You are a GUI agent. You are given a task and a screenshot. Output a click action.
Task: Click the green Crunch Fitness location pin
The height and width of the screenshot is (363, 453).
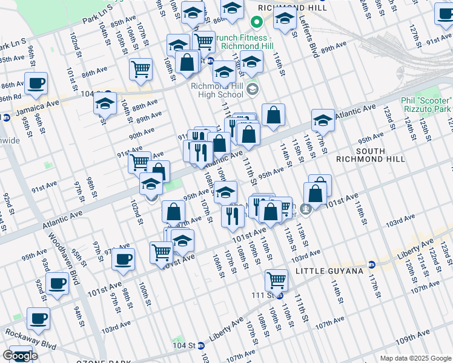pos(256,23)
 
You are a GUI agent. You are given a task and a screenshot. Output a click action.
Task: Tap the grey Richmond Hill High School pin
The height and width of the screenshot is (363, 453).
pos(252,90)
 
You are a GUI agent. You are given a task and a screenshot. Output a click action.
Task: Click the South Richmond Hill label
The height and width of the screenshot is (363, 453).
pos(380,154)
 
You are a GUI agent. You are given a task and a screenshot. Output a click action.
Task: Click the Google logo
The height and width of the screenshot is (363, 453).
pos(20,356)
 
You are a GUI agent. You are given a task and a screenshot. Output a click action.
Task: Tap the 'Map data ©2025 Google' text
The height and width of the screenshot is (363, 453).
pos(415,358)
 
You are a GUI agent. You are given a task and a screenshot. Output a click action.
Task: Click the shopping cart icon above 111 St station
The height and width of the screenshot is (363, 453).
pos(276,280)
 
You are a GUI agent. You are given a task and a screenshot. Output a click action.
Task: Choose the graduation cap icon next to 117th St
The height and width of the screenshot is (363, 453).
pos(323,120)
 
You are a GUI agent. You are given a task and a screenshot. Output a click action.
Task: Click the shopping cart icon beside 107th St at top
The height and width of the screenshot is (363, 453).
pos(141,68)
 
